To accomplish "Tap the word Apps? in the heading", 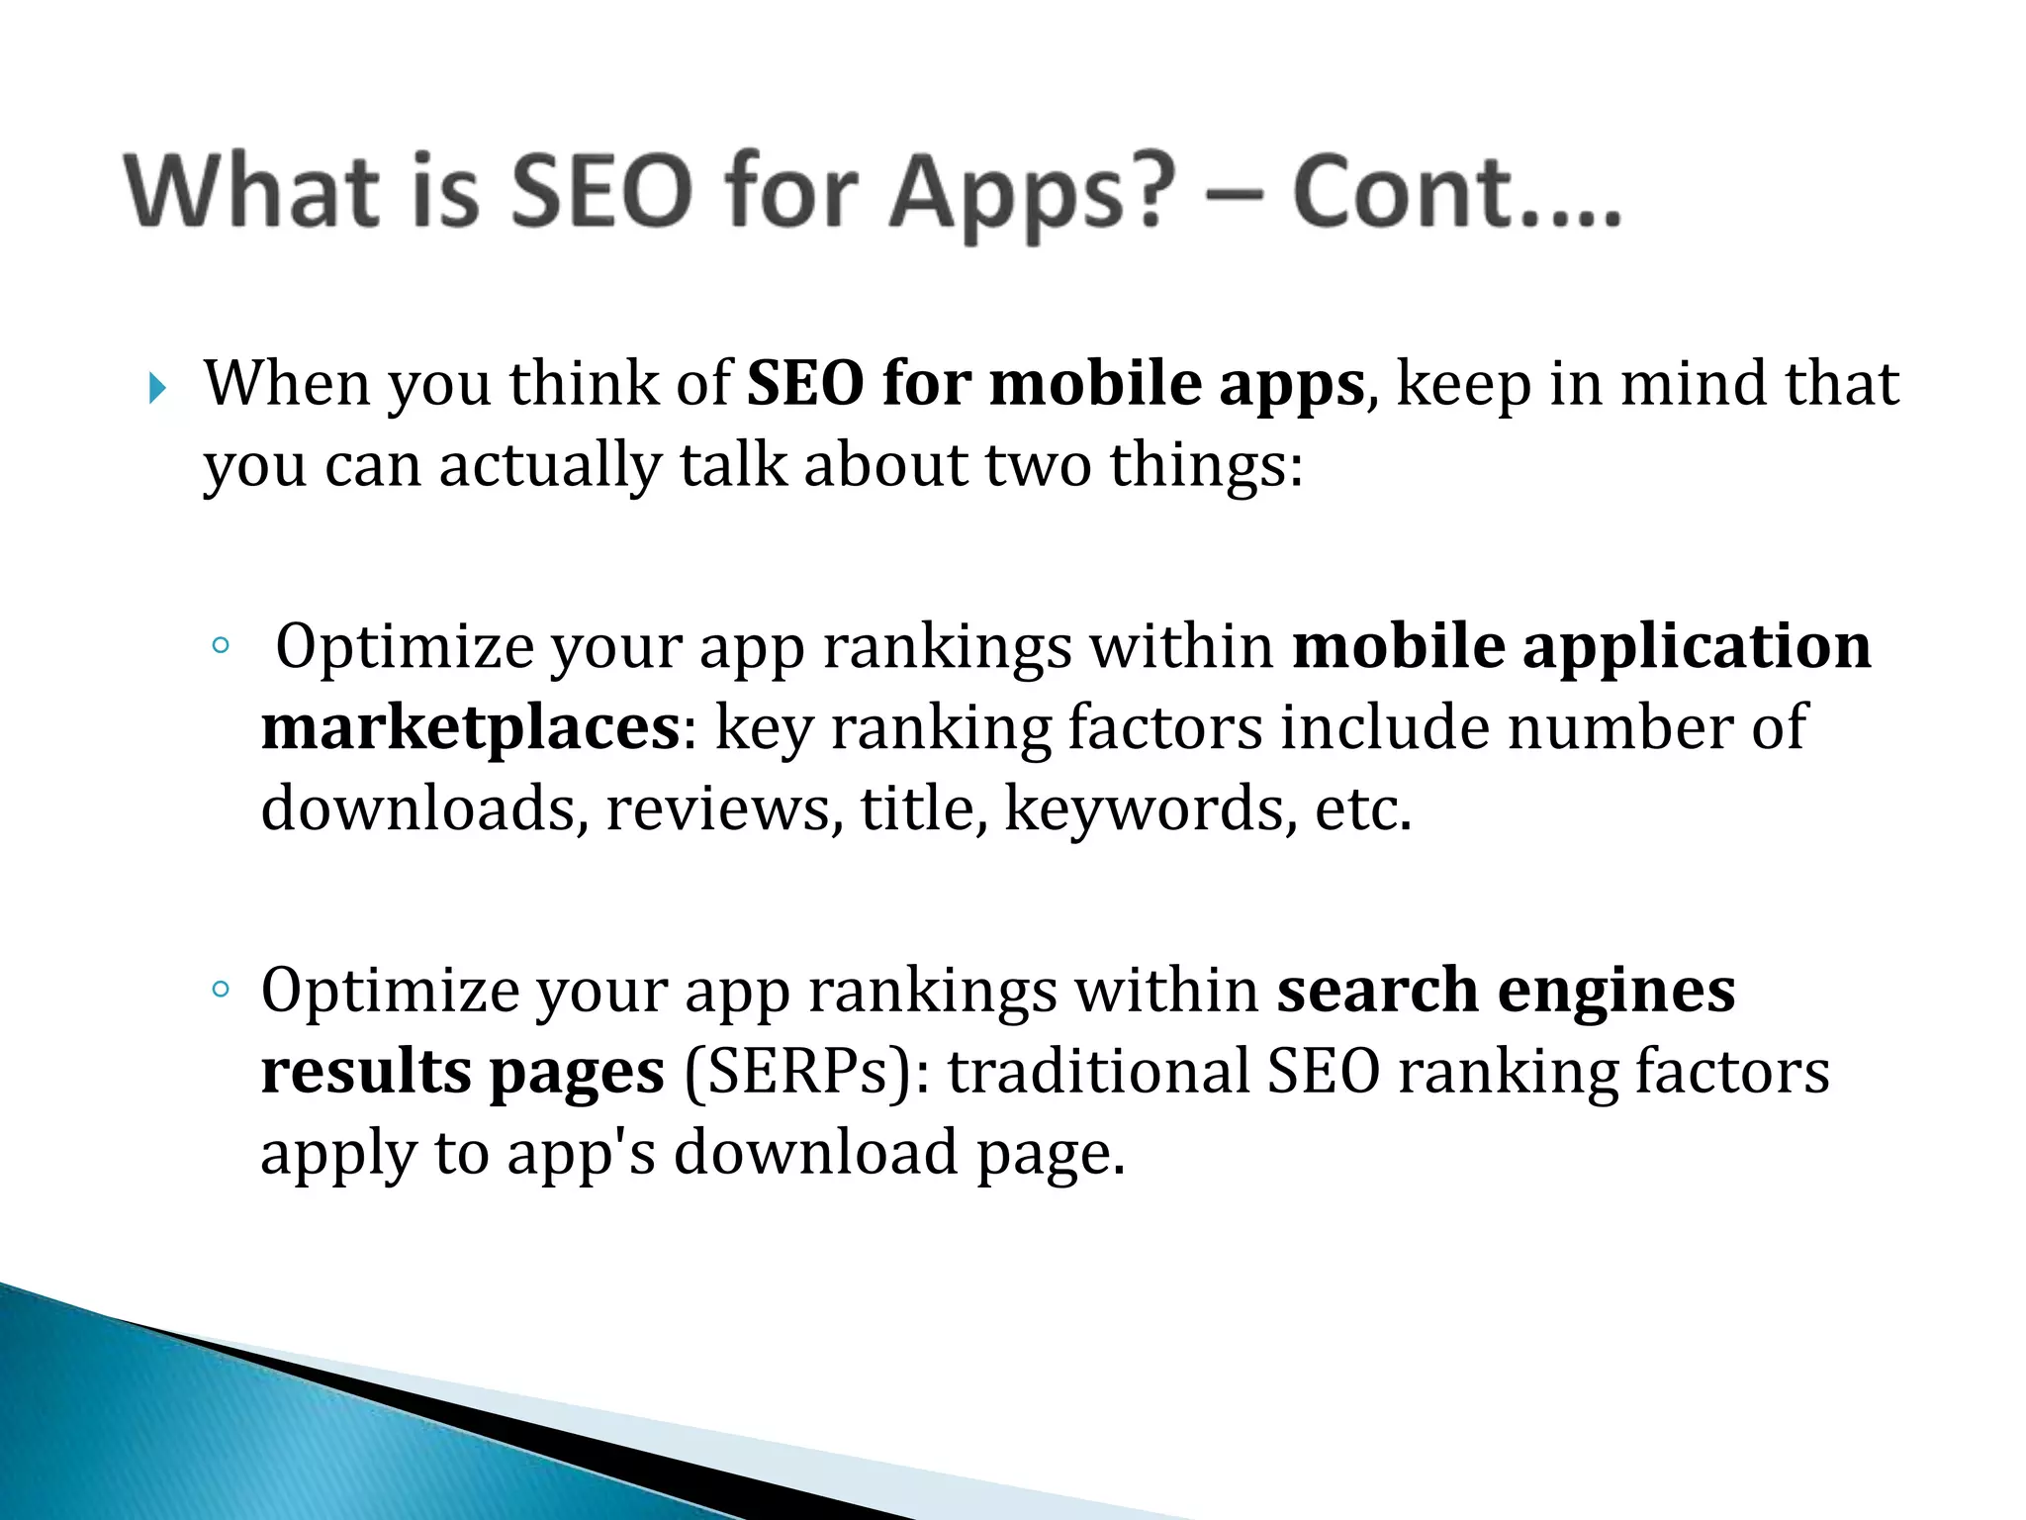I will coord(1033,195).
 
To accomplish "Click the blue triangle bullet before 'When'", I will coord(157,389).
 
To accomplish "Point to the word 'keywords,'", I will coord(1151,808).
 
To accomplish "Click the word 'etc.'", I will coord(1363,808).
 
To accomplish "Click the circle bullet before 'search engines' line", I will coord(220,989).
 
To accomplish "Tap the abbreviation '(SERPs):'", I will coord(806,1072).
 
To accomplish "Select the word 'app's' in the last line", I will coord(581,1153).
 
